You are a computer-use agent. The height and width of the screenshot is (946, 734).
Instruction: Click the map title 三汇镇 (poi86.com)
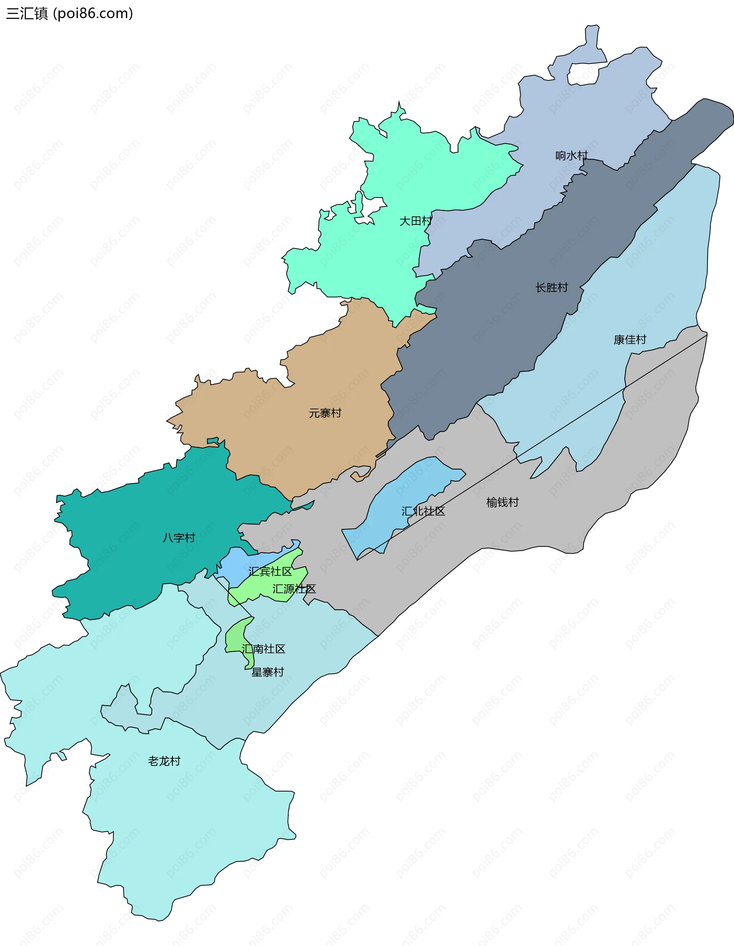69,13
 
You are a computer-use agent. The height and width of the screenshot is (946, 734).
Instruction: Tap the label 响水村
571,156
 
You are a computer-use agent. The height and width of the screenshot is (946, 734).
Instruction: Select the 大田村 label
415,221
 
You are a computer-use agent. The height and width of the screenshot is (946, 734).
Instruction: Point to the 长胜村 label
551,288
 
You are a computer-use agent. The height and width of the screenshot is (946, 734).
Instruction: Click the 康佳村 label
630,340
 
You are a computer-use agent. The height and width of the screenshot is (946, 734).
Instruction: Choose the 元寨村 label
325,413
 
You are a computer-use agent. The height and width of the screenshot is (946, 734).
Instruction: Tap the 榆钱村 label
502,502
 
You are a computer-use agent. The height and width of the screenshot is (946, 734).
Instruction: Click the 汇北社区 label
423,511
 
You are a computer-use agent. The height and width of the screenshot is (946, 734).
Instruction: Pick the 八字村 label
179,538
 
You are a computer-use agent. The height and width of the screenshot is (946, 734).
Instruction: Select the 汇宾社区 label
270,572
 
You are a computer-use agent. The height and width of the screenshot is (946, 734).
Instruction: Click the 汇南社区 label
263,649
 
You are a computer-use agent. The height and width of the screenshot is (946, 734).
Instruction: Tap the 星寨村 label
268,672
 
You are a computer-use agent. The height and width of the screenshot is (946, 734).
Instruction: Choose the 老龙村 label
164,761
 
